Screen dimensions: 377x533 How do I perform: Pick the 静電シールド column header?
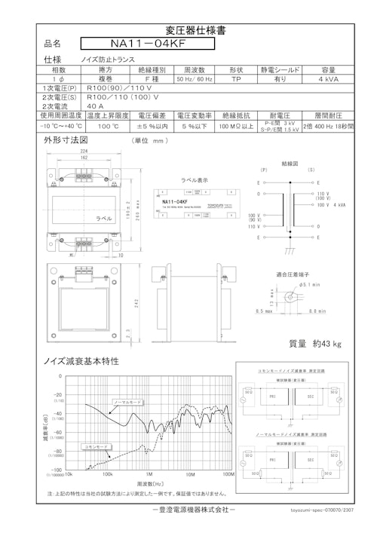coord(279,69)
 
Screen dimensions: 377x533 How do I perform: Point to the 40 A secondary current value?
coord(96,106)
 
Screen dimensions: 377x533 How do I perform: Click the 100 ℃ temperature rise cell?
coord(108,127)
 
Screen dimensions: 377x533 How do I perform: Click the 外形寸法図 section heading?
coord(66,140)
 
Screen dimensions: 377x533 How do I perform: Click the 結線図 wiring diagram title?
coord(290,162)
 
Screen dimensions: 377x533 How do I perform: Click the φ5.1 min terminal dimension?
coord(310,286)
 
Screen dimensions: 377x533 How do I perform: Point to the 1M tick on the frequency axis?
coord(149,476)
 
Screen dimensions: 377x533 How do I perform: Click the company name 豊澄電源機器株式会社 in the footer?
coord(188,510)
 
